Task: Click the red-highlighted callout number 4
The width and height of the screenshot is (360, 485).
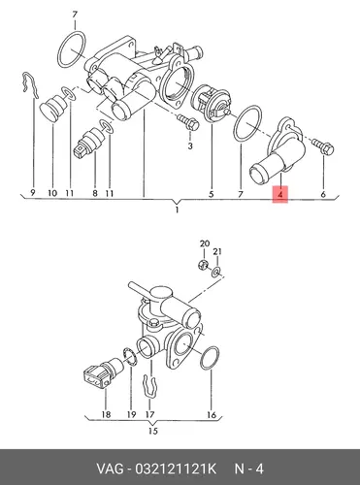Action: tap(280, 194)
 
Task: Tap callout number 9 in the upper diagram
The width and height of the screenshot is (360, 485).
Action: tap(33, 193)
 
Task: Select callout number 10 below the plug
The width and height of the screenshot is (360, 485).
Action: tap(52, 193)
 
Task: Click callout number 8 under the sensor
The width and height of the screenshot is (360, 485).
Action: tap(95, 193)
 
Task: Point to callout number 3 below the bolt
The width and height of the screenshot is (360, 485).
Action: tap(190, 146)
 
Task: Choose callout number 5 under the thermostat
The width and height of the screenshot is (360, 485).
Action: tap(212, 194)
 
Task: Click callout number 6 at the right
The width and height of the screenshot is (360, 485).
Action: tap(323, 194)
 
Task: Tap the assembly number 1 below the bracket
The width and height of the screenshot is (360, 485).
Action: tap(177, 210)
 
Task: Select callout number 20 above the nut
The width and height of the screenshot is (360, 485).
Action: tap(205, 243)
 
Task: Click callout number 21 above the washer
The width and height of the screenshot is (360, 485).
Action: tap(217, 251)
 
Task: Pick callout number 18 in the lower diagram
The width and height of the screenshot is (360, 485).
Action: tap(106, 414)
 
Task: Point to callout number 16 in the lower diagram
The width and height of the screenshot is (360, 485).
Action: tap(212, 414)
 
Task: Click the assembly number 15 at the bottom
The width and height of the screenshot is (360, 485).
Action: tap(153, 431)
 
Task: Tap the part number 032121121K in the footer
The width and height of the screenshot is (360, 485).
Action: tap(175, 469)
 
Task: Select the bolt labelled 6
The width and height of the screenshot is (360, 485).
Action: tap(323, 146)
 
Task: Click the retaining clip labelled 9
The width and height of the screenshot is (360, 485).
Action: tap(31, 85)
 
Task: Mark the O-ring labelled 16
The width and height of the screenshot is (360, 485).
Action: tap(210, 358)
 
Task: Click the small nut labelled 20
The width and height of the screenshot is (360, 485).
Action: tap(203, 265)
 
